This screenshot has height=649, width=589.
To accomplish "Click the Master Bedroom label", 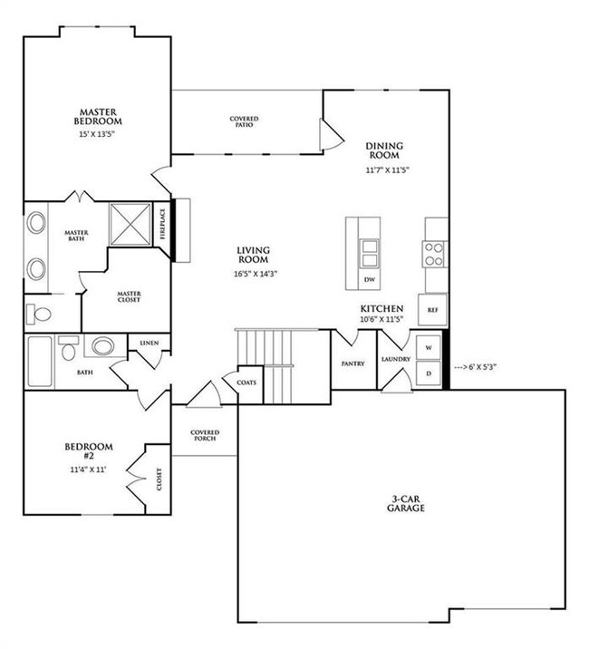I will tap(98, 115).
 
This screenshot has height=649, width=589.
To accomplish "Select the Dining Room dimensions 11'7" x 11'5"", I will tap(384, 170).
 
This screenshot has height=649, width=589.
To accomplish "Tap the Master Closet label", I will tap(127, 297).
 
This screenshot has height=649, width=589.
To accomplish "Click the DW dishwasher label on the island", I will tap(369, 280).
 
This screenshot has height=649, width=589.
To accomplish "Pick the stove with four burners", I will tap(434, 252).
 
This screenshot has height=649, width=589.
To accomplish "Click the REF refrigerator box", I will tap(432, 309).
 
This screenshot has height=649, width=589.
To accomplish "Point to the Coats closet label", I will tap(247, 383).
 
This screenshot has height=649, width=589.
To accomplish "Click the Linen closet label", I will tap(150, 344).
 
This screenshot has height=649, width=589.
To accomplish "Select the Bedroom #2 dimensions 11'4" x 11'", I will tap(88, 471).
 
